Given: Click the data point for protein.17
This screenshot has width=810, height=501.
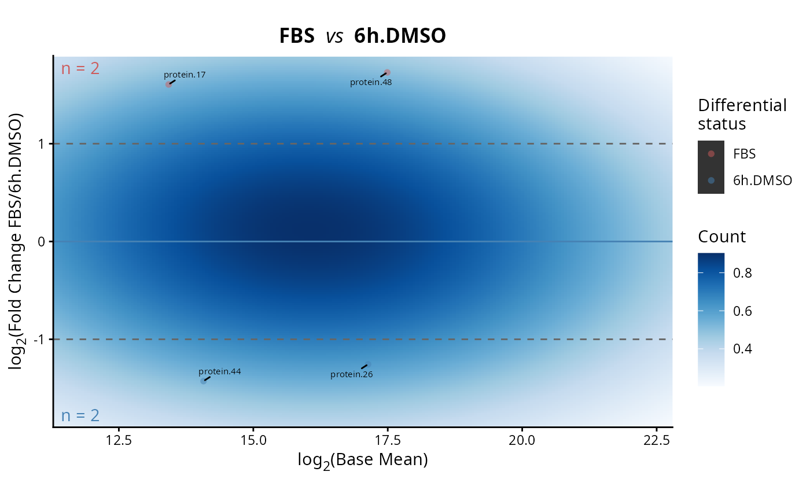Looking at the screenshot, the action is click(x=168, y=84).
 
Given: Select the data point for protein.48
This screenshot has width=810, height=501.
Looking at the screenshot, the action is click(x=387, y=73).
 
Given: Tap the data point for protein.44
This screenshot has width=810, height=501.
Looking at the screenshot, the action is click(x=204, y=381).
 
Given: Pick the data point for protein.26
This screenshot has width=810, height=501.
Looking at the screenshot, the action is click(x=368, y=364).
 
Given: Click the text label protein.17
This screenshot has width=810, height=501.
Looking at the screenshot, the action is click(x=185, y=75).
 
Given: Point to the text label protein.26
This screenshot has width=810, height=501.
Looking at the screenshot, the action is click(x=352, y=374).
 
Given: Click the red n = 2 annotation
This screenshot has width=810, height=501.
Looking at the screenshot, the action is click(x=80, y=68).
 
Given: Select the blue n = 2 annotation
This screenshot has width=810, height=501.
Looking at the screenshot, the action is click(x=80, y=415).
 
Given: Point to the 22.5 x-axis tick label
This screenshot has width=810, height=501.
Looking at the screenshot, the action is click(x=656, y=440).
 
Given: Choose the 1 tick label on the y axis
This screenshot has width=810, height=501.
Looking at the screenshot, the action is click(x=41, y=144).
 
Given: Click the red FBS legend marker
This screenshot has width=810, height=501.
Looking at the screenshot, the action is click(x=711, y=154).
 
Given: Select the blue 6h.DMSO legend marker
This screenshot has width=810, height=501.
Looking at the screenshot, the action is click(x=711, y=180).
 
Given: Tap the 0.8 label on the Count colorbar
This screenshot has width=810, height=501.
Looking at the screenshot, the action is click(x=742, y=273).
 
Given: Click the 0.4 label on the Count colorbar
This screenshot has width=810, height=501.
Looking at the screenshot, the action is click(x=742, y=349).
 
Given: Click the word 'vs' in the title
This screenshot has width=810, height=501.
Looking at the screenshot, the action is click(x=334, y=36).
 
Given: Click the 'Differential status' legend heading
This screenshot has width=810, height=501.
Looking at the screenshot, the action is click(x=742, y=115).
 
